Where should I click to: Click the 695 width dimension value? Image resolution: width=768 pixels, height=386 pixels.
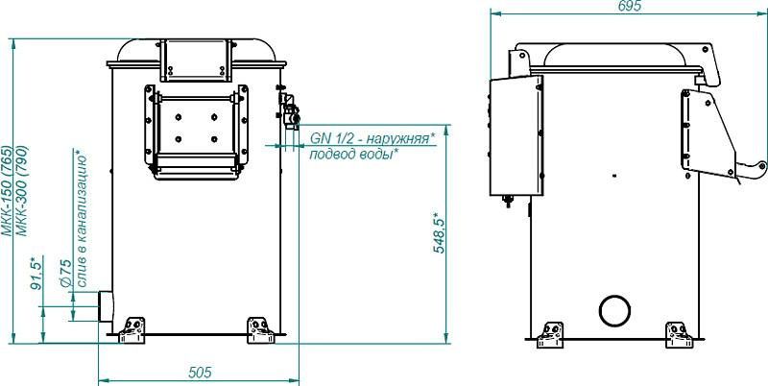[629, 6]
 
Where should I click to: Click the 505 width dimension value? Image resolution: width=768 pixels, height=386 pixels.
[200, 373]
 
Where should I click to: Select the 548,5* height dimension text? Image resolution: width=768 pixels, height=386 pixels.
[439, 233]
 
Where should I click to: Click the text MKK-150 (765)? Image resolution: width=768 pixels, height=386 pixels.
[8, 191]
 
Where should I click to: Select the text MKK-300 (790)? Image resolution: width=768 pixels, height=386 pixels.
[22, 191]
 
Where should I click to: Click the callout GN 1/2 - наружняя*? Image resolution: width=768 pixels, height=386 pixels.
[372, 138]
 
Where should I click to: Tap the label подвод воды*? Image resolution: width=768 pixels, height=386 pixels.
[353, 155]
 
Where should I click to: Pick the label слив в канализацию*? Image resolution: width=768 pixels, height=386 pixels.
[83, 219]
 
